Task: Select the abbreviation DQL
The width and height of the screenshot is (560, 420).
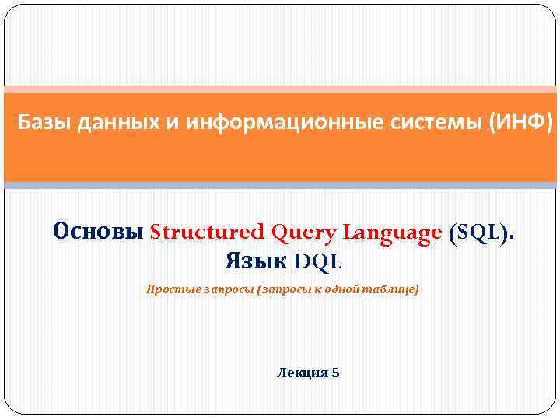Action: coord(317,261)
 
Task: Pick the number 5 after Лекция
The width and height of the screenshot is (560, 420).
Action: coord(335,373)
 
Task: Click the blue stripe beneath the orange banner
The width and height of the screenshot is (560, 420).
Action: coord(280,185)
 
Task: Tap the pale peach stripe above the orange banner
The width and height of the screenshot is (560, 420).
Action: coord(280,89)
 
